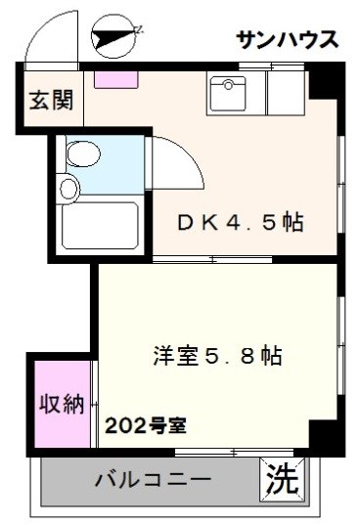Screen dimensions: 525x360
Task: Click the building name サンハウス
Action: pos(287,39)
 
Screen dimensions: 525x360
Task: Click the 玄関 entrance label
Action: pos(48,102)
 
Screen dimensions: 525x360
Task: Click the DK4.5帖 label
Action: pos(241,222)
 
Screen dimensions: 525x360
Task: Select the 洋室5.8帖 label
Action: pos(216,355)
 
